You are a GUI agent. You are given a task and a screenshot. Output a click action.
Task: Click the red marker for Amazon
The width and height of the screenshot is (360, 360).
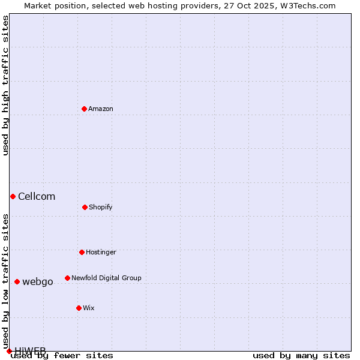(x=84, y=109)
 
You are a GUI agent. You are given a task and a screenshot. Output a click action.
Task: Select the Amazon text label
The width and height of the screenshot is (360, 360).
(x=101, y=109)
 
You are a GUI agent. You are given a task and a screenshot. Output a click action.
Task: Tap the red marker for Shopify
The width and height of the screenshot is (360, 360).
(x=85, y=207)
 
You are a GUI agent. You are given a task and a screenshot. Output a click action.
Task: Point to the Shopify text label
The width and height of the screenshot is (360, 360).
(x=101, y=207)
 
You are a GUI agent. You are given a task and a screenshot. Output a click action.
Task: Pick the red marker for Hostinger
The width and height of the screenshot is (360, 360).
(x=82, y=252)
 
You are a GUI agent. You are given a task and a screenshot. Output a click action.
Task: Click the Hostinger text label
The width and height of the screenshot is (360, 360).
(x=101, y=252)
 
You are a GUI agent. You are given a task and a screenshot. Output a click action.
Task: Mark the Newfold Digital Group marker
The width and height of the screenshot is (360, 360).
(x=67, y=278)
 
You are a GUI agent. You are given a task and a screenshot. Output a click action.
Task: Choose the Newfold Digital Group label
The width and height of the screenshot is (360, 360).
(x=106, y=278)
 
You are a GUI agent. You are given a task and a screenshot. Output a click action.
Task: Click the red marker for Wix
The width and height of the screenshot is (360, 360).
(x=79, y=308)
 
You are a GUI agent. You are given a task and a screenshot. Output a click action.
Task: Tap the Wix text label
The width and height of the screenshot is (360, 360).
(x=89, y=308)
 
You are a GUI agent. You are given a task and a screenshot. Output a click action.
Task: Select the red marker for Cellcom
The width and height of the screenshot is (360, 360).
(x=13, y=196)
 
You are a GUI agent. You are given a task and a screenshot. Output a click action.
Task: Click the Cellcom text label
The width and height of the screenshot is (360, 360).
(x=37, y=196)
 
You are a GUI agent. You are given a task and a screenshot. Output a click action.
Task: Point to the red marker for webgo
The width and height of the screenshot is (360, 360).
(x=17, y=281)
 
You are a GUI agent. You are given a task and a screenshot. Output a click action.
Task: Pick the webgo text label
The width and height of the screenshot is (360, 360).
(x=38, y=281)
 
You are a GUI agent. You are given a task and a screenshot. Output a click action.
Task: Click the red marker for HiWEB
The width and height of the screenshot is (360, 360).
(x=9, y=351)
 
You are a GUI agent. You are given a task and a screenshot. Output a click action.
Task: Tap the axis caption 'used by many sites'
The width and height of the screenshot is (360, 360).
(x=301, y=356)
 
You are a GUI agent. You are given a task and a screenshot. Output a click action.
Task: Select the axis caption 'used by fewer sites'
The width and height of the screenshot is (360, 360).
(x=62, y=356)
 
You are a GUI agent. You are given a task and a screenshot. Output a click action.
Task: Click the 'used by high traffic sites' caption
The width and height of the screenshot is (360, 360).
(x=5, y=85)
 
